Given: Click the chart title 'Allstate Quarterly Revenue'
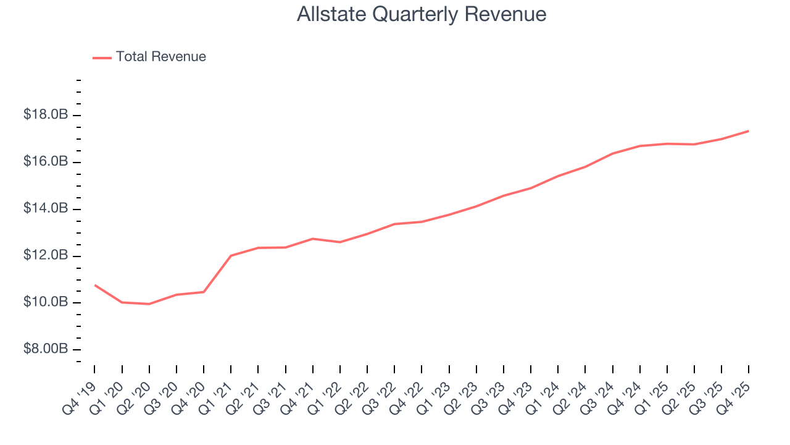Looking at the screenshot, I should (422, 14).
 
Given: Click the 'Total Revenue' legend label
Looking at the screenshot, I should (160, 57).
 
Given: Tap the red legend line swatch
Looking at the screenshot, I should (102, 57).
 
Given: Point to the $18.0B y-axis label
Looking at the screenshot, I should (46, 116).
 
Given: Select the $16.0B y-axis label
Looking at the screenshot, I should (46, 162).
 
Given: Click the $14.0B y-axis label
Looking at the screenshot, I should (46, 209).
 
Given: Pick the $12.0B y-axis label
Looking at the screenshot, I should (46, 256).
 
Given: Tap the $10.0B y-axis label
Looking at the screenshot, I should (46, 302).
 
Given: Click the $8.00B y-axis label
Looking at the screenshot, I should (46, 349).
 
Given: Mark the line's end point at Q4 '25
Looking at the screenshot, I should (749, 131).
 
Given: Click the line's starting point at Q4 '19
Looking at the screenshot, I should (94, 285).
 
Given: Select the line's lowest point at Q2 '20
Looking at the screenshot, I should (149, 304).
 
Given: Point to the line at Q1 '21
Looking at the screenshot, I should (231, 255).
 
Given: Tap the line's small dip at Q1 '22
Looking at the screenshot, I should (339, 242).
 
